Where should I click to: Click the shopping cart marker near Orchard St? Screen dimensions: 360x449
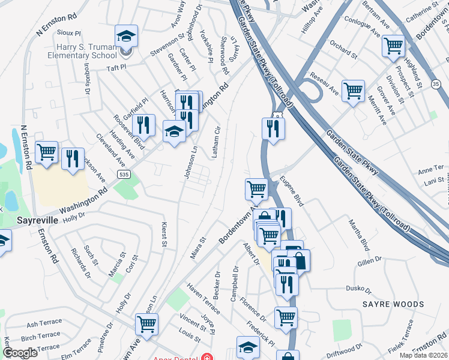tap(393, 45)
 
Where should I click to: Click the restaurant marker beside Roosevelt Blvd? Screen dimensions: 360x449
tap(143, 125)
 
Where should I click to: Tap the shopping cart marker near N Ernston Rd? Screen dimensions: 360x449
tap(46, 152)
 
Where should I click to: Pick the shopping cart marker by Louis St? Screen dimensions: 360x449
tap(146, 325)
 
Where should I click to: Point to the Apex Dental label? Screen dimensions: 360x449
tap(180, 357)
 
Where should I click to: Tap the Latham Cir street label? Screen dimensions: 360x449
tap(215, 142)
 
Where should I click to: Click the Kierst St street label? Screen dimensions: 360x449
tap(163, 234)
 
